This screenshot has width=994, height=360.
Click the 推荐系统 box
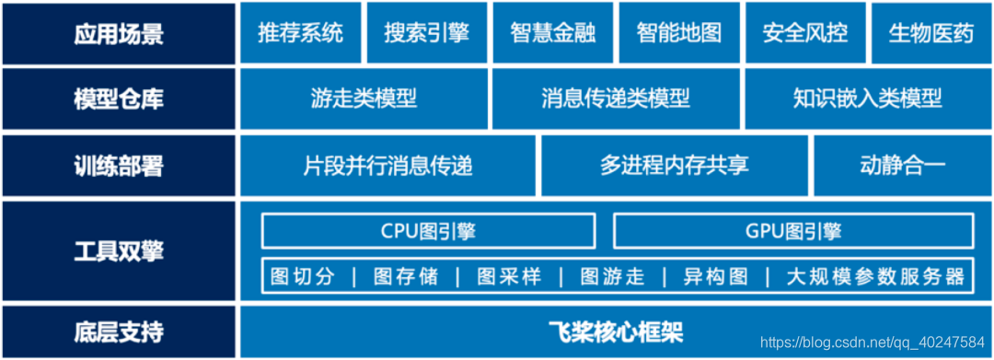tap(300, 33)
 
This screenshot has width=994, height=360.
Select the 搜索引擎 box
tap(426, 33)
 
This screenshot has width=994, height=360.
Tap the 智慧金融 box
tap(552, 33)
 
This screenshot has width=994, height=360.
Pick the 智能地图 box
tap(678, 33)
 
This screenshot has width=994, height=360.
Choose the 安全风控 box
tap(804, 33)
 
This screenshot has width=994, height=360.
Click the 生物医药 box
tap(930, 33)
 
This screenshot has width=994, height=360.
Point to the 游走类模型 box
tap(364, 99)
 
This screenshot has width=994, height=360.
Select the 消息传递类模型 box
tap(616, 99)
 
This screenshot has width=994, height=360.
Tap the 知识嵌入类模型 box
tap(867, 99)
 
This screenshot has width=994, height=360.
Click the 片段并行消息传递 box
tap(387, 166)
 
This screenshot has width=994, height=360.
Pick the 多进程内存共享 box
tap(674, 166)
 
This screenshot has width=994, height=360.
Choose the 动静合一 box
tap(902, 166)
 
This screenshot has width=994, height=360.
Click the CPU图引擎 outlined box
tap(428, 231)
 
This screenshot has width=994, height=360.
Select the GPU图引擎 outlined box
tap(793, 231)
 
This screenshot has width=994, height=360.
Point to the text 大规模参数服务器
tap(875, 276)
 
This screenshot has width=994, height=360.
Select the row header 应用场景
tap(119, 34)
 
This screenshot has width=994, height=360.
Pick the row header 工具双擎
tap(119, 251)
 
